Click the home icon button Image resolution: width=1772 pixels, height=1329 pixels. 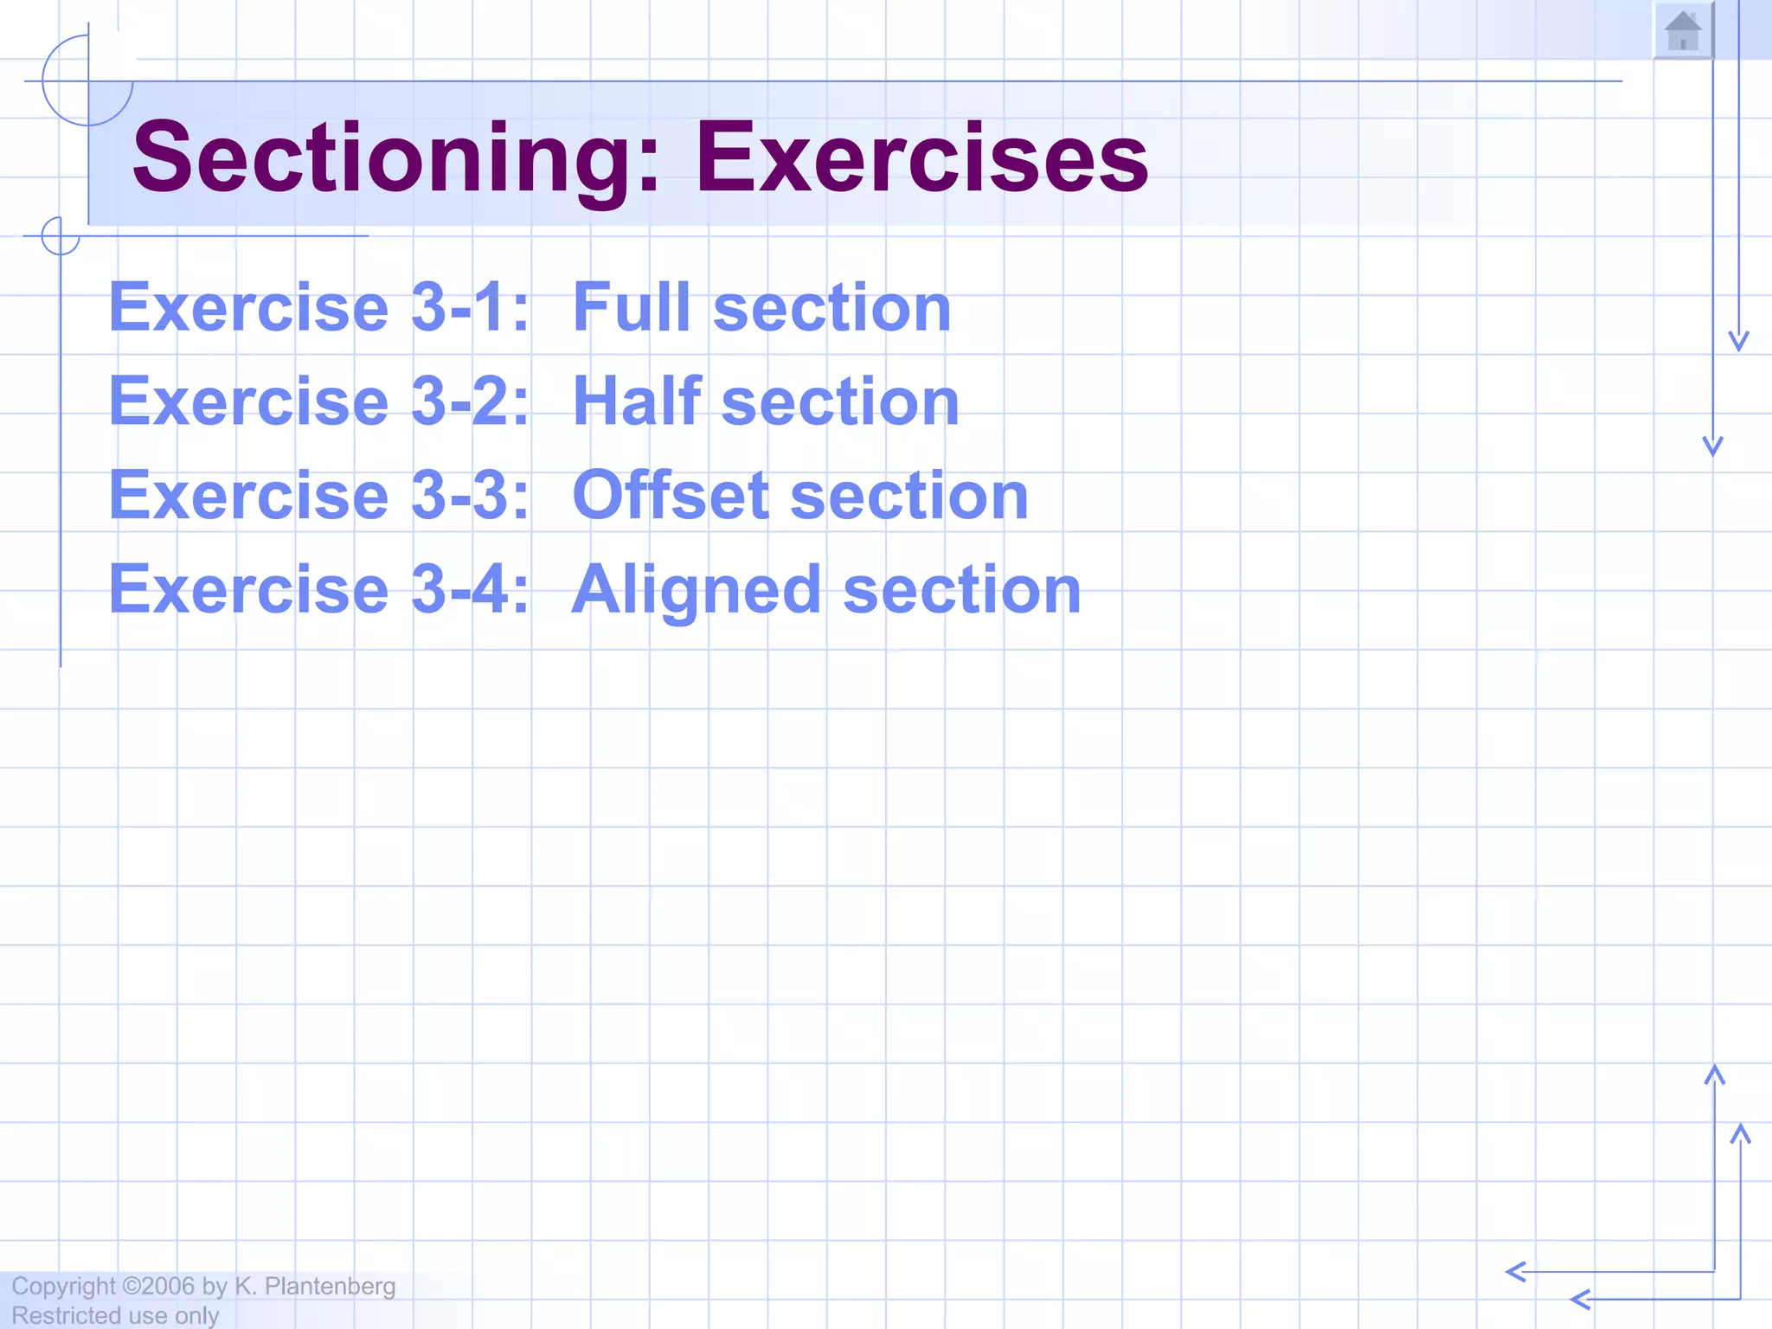[1683, 32]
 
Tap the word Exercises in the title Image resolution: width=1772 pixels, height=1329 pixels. [921, 157]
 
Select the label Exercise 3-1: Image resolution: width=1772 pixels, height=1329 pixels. [318, 307]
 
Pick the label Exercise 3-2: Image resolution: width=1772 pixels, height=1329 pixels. [318, 401]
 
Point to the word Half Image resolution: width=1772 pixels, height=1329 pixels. [636, 401]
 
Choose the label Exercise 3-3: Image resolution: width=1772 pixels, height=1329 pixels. [318, 496]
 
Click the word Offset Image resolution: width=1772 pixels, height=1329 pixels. [670, 496]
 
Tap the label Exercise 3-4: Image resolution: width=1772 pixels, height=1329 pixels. [318, 590]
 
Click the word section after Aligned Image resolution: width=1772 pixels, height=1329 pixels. [961, 590]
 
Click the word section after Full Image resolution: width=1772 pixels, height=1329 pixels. [831, 307]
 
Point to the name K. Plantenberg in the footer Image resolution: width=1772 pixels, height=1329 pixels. [315, 1287]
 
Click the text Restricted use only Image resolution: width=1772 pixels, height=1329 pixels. [115, 1315]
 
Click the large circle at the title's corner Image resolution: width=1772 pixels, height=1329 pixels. [87, 81]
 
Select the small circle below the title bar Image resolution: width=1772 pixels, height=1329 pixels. [61, 235]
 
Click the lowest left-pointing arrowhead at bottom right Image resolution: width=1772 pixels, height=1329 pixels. [1580, 1299]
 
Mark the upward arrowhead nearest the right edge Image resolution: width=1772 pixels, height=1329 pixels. [1740, 1133]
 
